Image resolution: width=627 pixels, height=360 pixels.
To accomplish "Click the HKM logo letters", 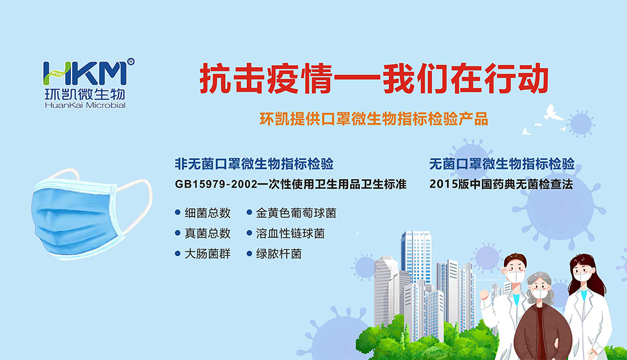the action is (85, 73).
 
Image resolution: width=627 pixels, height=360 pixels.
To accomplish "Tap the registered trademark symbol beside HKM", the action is (131, 61).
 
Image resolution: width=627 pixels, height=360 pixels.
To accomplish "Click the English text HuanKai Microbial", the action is (85, 105).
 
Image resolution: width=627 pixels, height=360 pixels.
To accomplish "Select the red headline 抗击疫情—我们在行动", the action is (374, 78).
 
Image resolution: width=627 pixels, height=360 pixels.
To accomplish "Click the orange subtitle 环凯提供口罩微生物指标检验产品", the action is (374, 119).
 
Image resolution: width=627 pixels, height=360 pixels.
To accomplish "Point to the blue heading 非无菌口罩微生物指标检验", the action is (255, 164).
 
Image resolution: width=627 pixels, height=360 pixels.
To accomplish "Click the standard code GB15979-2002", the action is (216, 184).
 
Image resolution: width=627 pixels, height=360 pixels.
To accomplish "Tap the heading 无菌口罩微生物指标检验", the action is (502, 164).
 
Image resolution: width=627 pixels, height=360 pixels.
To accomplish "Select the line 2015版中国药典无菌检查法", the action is (501, 184).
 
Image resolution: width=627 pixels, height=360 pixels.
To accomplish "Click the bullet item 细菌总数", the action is (208, 213).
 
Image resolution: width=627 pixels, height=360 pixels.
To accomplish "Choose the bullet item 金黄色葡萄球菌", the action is (296, 213).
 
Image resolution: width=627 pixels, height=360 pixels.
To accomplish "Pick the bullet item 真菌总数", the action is (208, 233).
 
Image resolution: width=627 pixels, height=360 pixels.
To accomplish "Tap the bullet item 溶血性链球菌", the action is (290, 233).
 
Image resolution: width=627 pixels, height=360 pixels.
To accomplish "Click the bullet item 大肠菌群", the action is (208, 253).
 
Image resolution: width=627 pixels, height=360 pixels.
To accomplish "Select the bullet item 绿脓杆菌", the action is (279, 253).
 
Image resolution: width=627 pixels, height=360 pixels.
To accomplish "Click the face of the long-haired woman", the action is (582, 273).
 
